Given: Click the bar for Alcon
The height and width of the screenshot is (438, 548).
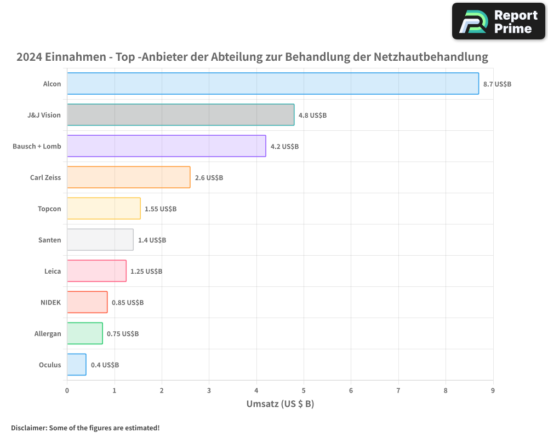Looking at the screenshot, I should tap(273, 84).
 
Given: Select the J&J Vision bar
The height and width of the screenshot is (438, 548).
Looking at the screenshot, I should tap(181, 115).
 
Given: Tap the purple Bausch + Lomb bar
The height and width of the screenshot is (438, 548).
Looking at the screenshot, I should tap(167, 146).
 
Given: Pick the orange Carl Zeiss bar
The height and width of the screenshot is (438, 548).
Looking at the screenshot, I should tap(129, 177).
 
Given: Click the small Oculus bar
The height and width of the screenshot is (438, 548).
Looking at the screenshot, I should tap(77, 365).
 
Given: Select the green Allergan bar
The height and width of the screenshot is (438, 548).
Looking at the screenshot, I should tap(85, 333).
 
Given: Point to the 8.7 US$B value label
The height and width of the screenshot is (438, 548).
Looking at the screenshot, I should tap(497, 84).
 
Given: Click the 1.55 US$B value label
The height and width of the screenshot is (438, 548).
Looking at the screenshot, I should tap(161, 209).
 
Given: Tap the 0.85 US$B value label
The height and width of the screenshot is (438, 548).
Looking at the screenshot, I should tap(128, 303).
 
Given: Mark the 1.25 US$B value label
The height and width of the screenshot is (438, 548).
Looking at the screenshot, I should tap(146, 272).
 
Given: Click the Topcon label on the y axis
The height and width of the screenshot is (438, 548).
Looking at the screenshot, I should tap(49, 209).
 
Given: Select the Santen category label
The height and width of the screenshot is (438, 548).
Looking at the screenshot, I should tap(50, 240).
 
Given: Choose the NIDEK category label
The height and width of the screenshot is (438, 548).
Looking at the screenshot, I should tap(51, 303).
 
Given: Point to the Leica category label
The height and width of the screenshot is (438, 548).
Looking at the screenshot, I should tap(53, 272).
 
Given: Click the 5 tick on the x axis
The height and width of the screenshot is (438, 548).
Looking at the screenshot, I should tap(304, 390).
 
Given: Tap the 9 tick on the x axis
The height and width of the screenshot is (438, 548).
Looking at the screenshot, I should tap(493, 390).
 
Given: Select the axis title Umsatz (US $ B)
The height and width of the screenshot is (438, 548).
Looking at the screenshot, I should tap(280, 404).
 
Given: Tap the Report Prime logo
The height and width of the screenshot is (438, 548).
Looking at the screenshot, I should tap(499, 21).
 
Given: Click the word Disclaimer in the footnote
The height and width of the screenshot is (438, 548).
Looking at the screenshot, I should tap(28, 428).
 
